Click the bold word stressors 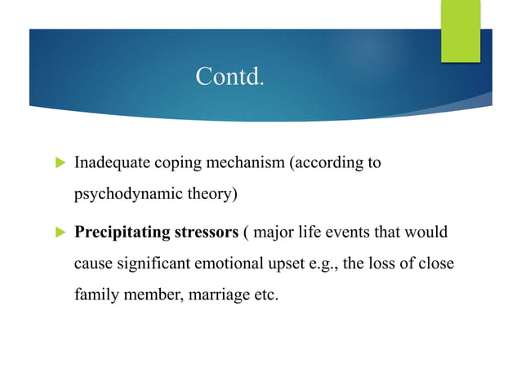point(207,233)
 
